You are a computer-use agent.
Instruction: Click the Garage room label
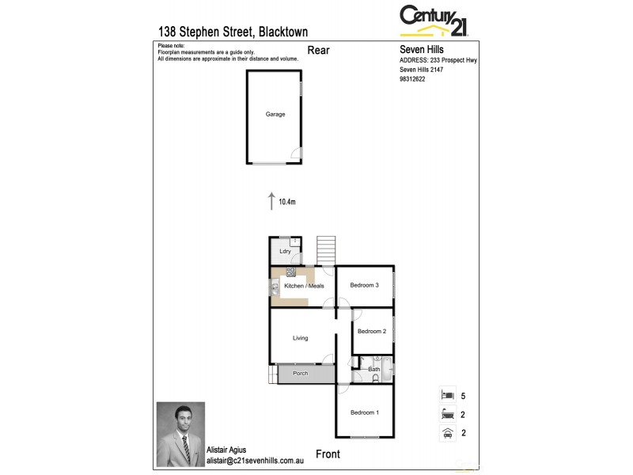coord(275,114)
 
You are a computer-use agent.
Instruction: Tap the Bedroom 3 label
coord(366,285)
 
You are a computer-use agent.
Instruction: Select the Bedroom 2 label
coord(371,331)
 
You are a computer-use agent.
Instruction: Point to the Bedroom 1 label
coord(365,412)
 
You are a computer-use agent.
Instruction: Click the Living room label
coord(300,338)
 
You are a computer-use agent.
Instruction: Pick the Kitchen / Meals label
coord(304,285)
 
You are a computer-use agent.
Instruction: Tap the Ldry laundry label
coord(285,252)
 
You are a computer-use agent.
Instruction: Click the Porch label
coord(300,374)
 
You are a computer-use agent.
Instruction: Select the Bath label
coord(374,369)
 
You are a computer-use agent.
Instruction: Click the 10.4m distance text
coord(286,202)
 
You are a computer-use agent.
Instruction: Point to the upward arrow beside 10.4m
coord(271,199)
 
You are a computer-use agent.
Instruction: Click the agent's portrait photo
coord(180,434)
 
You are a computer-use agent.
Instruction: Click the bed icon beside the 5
coord(447,394)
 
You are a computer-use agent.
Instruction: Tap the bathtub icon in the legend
coord(447,413)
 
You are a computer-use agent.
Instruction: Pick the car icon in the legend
coord(447,432)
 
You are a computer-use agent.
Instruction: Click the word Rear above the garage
coord(318,51)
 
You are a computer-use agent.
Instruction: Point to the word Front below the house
coord(328,454)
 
